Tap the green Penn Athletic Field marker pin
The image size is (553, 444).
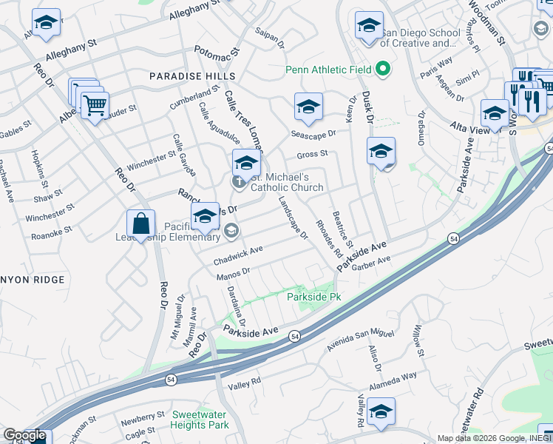click(x=382, y=70)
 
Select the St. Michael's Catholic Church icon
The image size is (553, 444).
click(x=239, y=181)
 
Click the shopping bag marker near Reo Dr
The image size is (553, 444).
click(x=140, y=224)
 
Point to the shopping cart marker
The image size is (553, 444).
click(x=94, y=106)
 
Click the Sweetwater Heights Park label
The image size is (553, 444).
click(x=200, y=420)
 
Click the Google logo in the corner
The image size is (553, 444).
click(x=24, y=435)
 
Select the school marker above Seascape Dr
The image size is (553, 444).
click(x=308, y=107)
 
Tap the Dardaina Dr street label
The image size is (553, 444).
click(x=237, y=306)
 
